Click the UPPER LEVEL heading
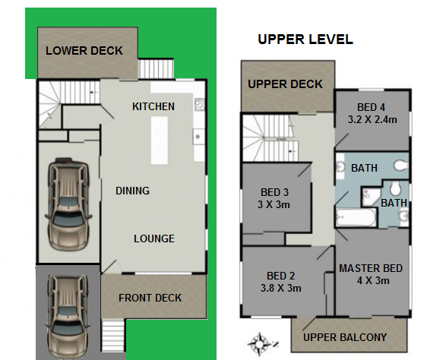click(305, 39)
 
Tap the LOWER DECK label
click(84, 51)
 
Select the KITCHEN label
click(153, 106)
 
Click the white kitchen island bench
click(160, 141)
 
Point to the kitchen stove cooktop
click(200, 104)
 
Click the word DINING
click(132, 191)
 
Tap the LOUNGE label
click(154, 238)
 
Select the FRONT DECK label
click(150, 298)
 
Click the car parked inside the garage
click(68, 204)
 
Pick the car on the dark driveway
click(68, 316)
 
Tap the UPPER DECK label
click(285, 84)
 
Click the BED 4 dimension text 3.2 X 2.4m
click(372, 119)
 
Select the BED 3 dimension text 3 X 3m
click(274, 204)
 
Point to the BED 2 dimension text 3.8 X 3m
click(280, 288)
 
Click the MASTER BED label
click(371, 268)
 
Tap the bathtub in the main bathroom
click(356, 217)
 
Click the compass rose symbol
click(259, 344)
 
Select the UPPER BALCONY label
click(345, 337)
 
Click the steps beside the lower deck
click(156, 68)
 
